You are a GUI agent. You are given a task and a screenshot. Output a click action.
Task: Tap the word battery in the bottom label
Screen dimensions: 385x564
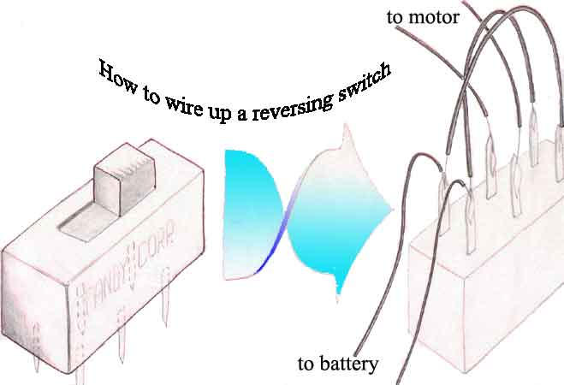click(x=348, y=365)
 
